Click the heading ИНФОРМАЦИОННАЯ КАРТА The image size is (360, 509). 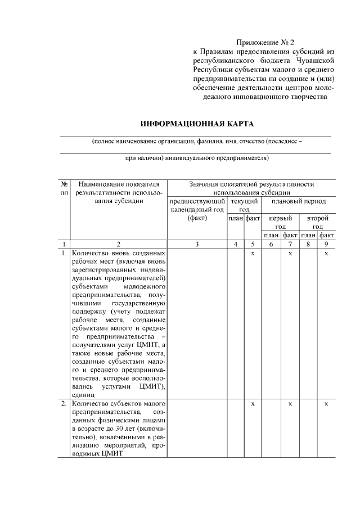197,123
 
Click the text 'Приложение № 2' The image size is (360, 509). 265,42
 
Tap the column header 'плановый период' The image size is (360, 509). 298,201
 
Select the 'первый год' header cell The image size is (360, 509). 280,222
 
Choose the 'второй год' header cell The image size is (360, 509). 317,222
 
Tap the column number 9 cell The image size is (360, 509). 327,244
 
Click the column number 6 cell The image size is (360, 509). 271,244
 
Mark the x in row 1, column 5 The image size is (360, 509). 253,254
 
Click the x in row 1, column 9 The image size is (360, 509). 327,254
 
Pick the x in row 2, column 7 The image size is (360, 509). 290,404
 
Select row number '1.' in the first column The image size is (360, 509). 64,254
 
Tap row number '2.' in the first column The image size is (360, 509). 64,404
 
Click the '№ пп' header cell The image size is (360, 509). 64,188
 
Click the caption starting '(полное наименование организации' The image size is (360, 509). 197,142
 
